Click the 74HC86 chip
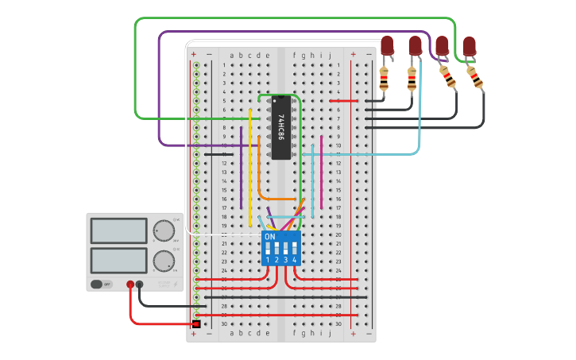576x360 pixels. (x=280, y=128)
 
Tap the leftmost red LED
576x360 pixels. (x=387, y=45)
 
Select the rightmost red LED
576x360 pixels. (x=470, y=45)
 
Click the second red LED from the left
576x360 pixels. (x=415, y=45)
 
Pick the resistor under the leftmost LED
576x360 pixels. (x=384, y=78)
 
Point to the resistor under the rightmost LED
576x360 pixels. (x=475, y=77)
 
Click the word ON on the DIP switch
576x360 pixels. (x=269, y=237)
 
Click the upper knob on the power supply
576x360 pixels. (x=164, y=230)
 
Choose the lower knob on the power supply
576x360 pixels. (x=164, y=260)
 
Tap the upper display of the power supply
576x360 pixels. (x=118, y=230)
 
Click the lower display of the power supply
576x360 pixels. (x=118, y=260)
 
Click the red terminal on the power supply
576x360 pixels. (x=130, y=284)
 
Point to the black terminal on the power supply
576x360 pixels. (x=141, y=284)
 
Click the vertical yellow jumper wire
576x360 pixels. (x=250, y=167)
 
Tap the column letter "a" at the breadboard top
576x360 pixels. (x=231, y=55)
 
